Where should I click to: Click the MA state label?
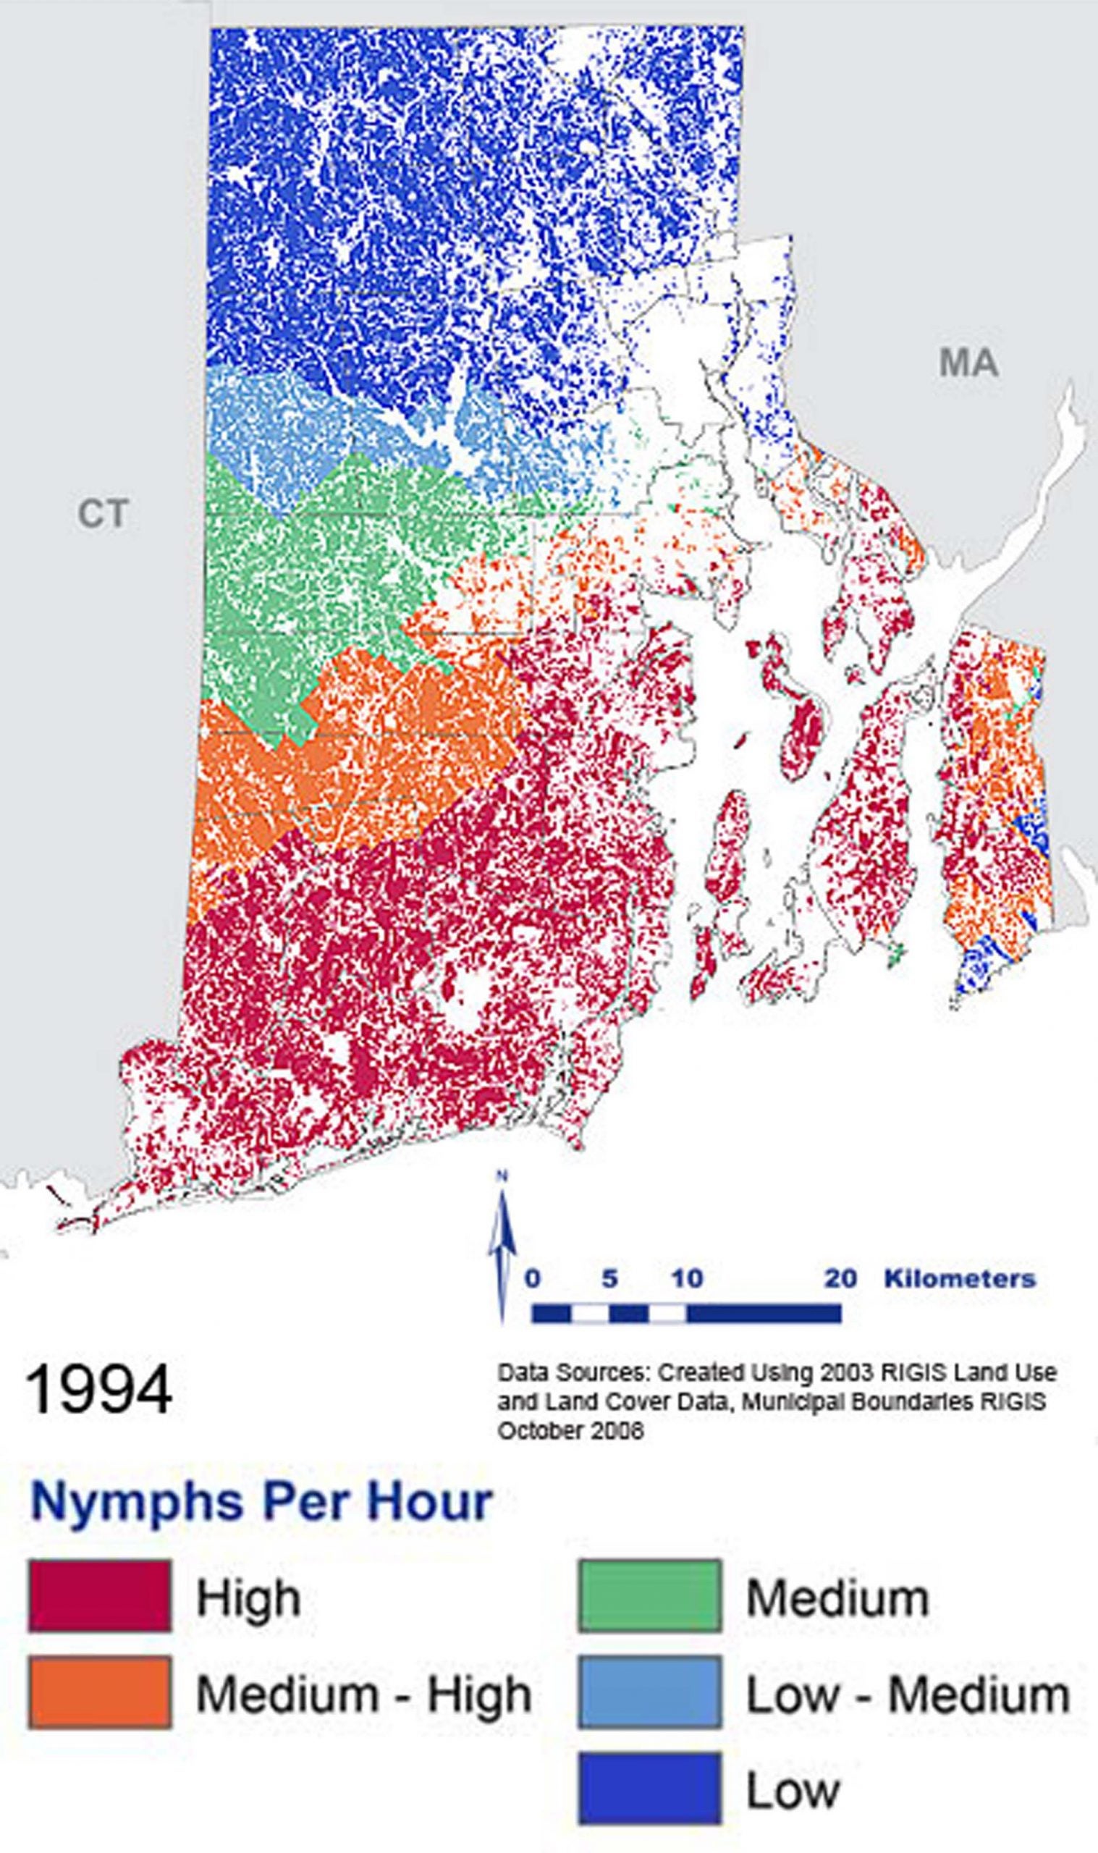[x=968, y=363]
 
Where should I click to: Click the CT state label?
[x=103, y=514]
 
